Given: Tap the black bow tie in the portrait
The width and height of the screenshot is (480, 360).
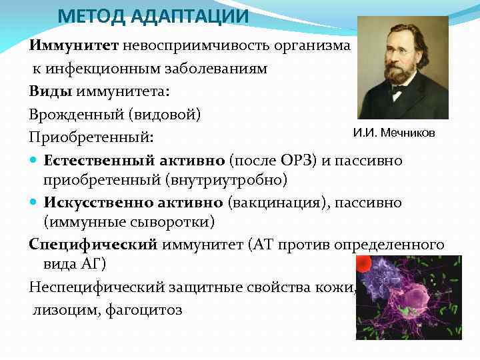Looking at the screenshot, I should (x=398, y=94).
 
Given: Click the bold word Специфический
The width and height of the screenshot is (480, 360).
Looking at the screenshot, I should (x=93, y=244).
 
